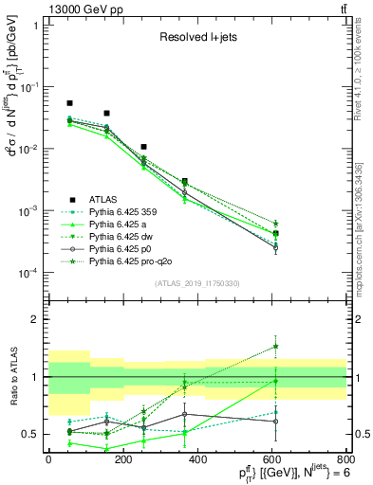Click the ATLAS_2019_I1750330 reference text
[197, 283]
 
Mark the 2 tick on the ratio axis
[36, 319]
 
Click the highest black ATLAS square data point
[69, 102]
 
